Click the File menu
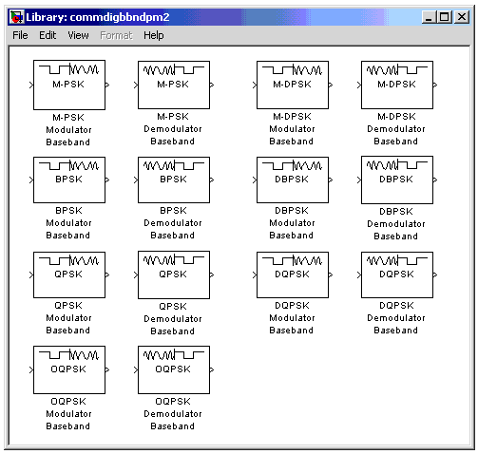(x=20, y=35)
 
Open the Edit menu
(x=48, y=35)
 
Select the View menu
(x=78, y=35)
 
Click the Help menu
(x=154, y=35)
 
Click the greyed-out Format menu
(x=116, y=35)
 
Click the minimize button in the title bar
(x=429, y=17)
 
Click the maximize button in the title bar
(x=444, y=17)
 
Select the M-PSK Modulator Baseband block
(x=69, y=85)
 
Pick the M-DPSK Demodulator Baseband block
(x=397, y=85)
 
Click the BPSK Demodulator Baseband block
(x=174, y=180)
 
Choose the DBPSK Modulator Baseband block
(x=293, y=180)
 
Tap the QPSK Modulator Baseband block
(x=69, y=274)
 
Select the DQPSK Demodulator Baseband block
(x=397, y=274)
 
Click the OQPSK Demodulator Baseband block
(x=174, y=369)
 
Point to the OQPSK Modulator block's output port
(x=107, y=369)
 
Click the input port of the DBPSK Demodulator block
(x=359, y=180)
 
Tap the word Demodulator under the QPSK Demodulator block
(x=173, y=318)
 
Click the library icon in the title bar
(x=16, y=17)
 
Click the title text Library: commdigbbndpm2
(x=98, y=17)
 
